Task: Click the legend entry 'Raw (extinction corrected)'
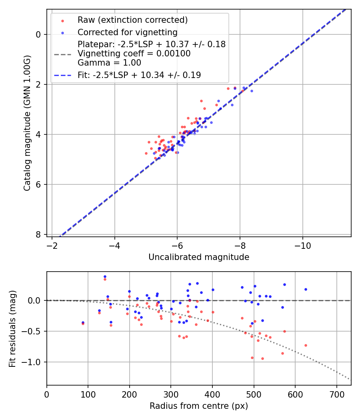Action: (132, 20)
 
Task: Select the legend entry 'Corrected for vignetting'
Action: (127, 32)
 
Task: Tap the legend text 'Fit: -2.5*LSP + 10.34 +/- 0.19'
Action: (139, 75)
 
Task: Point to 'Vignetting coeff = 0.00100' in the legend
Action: (134, 54)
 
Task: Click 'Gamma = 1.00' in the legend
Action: (109, 63)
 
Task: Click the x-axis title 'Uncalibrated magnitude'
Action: (199, 257)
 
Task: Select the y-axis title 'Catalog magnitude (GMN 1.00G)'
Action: (27, 123)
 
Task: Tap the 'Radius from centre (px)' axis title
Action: (199, 406)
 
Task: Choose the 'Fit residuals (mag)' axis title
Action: (12, 328)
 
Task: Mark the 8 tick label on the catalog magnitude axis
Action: (38, 234)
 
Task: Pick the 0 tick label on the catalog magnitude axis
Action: (38, 34)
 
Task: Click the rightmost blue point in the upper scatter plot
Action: (252, 91)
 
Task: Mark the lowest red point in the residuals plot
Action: (262, 358)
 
